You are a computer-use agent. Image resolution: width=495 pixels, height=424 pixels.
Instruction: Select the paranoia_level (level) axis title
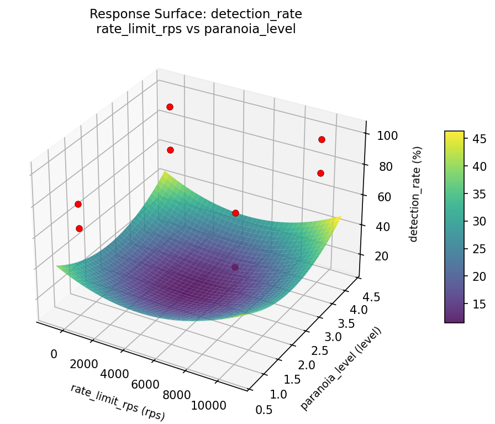click(x=341, y=368)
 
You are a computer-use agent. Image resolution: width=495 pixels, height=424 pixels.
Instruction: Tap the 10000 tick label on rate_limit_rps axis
click(x=208, y=405)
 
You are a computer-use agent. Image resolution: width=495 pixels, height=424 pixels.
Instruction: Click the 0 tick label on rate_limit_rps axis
click(x=54, y=354)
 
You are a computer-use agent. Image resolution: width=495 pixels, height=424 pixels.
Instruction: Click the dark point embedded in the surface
click(x=235, y=268)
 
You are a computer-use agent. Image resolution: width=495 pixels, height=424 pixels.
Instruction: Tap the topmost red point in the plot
click(x=170, y=107)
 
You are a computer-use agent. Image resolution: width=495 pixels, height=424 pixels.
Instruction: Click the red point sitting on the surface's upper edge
click(x=235, y=213)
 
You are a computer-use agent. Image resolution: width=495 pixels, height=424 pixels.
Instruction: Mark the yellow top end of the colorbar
click(x=454, y=133)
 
